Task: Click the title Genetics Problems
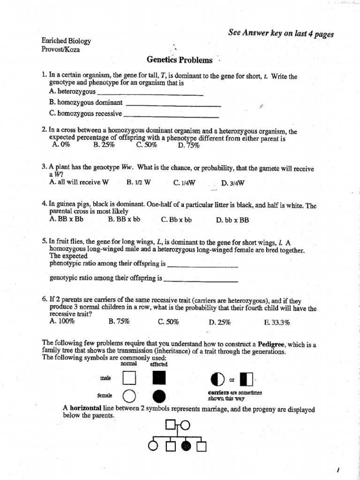(x=180, y=60)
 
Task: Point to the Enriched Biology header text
(x=66, y=41)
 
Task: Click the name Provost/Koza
(x=60, y=49)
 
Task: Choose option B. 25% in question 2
(x=104, y=145)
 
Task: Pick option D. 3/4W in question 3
(x=233, y=183)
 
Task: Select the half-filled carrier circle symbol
(x=218, y=378)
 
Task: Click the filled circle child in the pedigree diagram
(x=187, y=446)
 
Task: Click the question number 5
(x=44, y=242)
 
